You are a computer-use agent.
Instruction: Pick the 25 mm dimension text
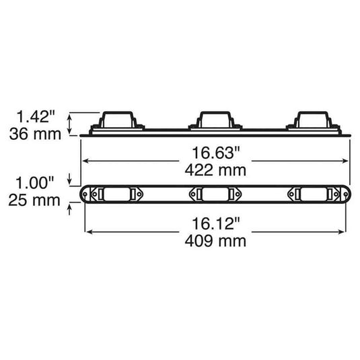click(33, 200)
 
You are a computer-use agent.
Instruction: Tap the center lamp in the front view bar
click(215, 194)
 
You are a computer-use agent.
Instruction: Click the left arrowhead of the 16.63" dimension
click(86, 160)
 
